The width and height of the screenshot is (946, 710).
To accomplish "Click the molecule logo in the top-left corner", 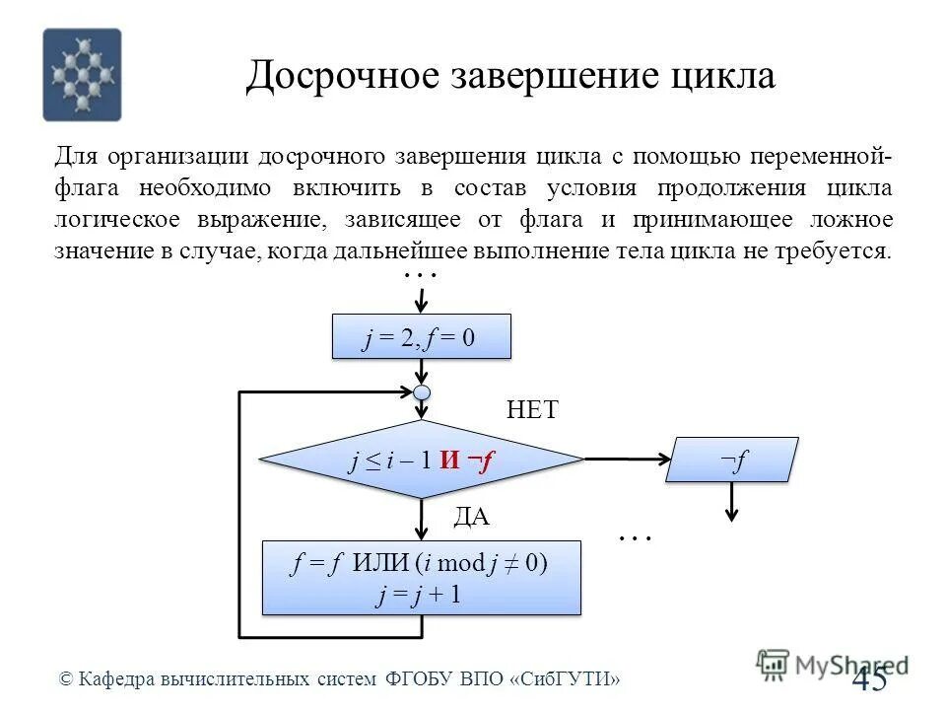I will click(82, 75).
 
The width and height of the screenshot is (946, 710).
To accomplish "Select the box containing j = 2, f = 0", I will click(423, 336).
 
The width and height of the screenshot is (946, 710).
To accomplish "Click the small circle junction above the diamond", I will click(423, 392).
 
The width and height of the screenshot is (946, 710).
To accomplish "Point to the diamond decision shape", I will click(423, 459).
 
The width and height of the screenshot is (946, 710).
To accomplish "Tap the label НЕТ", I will click(532, 410).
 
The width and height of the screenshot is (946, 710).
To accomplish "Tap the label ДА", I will click(471, 518).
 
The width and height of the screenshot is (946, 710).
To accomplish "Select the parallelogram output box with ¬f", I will click(732, 460).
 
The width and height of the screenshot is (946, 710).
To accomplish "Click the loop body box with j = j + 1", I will click(421, 578).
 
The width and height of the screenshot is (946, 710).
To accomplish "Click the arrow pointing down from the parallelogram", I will click(732, 502).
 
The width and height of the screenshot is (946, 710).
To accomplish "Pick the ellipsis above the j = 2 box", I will click(421, 276).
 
